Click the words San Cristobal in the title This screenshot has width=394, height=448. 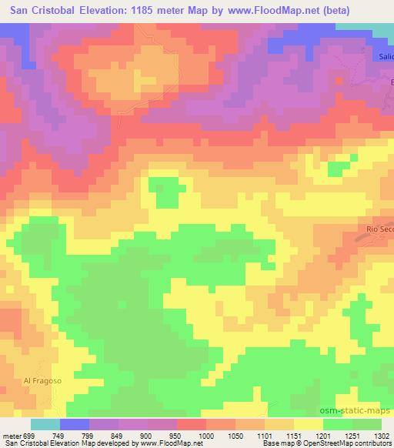click(x=45, y=11)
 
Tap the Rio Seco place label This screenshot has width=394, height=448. click(x=379, y=229)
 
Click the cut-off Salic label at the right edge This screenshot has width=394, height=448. click(x=385, y=56)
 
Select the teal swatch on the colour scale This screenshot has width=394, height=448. click(x=45, y=424)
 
